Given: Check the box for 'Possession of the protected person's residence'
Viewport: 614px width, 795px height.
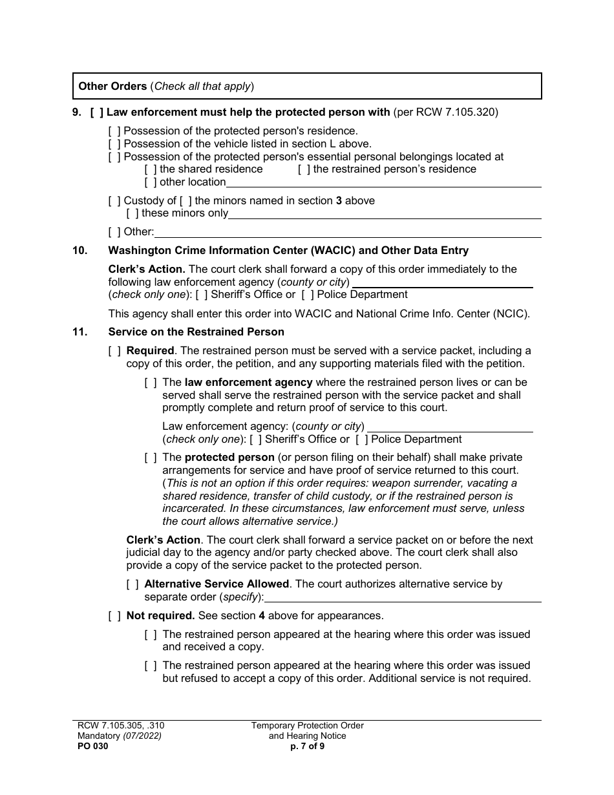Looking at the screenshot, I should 114,131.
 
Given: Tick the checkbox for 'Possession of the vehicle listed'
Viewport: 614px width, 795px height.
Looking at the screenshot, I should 114,144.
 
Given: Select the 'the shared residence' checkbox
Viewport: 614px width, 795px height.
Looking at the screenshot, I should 151,169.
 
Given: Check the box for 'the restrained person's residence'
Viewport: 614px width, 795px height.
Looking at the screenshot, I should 304,169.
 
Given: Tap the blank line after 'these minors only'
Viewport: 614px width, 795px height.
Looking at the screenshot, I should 385,214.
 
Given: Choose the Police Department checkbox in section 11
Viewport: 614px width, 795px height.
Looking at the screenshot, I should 361,440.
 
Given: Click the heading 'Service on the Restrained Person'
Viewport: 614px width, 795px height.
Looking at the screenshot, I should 196,332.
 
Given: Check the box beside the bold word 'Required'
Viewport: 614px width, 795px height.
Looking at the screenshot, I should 114,351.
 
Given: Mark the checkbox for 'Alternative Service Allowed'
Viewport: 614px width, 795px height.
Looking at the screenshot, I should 132,584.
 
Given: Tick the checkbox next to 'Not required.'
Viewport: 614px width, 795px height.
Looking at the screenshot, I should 114,616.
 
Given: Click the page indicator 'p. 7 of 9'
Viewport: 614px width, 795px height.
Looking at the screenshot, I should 308,746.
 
